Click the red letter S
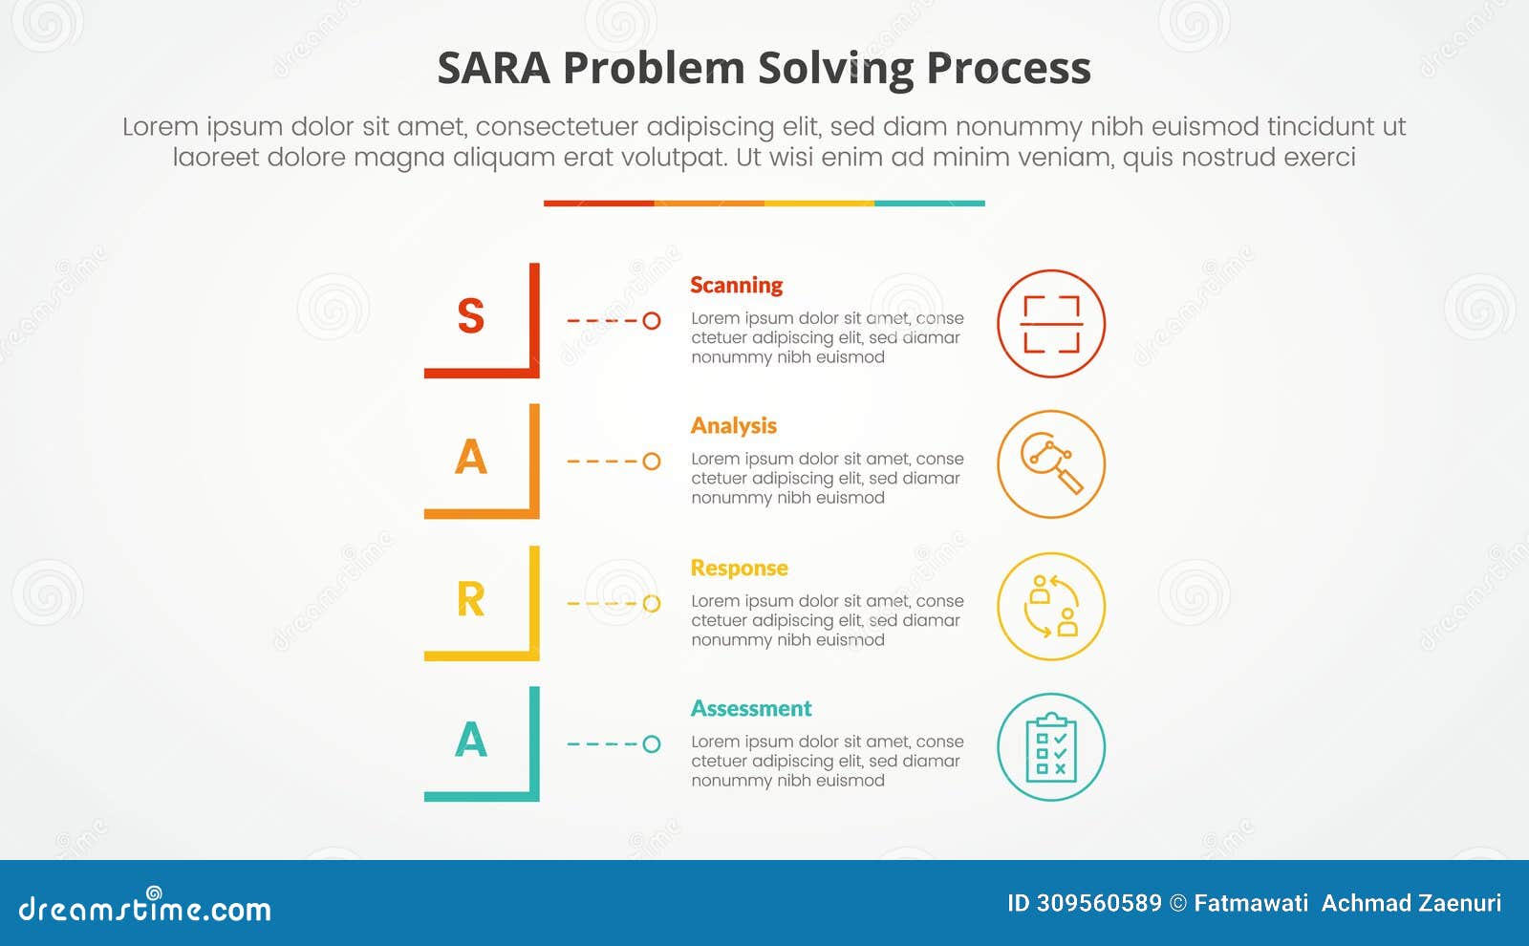coord(470,316)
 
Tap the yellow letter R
coord(470,599)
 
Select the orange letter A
coord(470,457)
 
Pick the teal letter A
coord(470,740)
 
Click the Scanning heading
coord(736,285)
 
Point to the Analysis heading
coord(733,425)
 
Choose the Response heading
coord(739,568)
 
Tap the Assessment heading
coord(751,708)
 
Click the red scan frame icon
coord(1051,324)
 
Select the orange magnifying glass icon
coord(1051,464)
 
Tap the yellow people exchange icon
coord(1051,607)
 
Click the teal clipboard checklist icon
coord(1051,747)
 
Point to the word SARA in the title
coord(493,69)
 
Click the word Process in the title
coord(1008,69)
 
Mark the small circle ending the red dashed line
coord(652,321)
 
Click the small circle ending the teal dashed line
coord(652,744)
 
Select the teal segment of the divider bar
coord(929,204)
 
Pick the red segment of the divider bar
coord(598,204)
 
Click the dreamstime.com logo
coord(144,907)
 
